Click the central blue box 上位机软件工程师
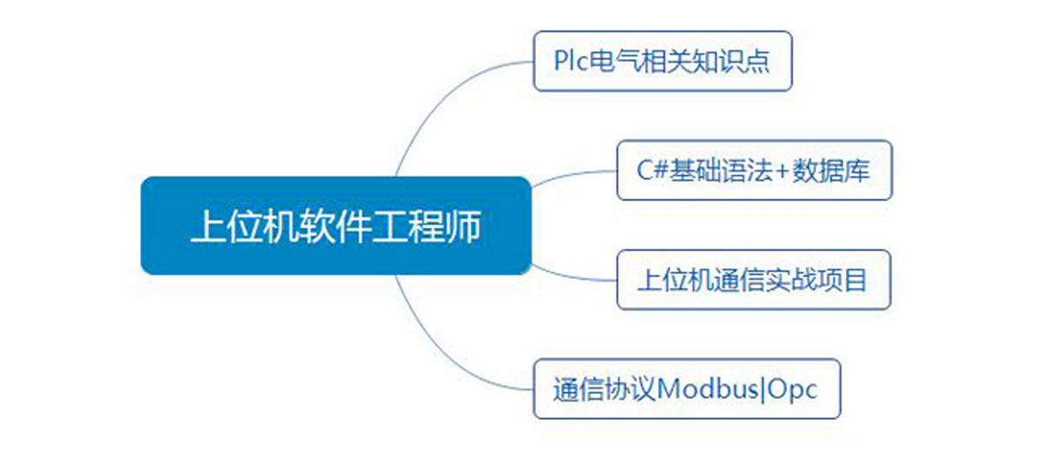click(336, 225)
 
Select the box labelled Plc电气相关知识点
click(663, 61)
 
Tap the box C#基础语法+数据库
click(755, 170)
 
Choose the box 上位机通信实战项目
click(754, 280)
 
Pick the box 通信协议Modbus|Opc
click(687, 389)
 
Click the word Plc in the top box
click(571, 61)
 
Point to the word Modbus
click(708, 389)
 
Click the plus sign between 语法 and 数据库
click(782, 172)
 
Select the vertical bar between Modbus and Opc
click(762, 389)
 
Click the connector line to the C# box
click(574, 175)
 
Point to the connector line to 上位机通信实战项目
click(574, 276)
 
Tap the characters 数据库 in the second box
click(831, 170)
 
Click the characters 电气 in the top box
click(613, 61)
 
